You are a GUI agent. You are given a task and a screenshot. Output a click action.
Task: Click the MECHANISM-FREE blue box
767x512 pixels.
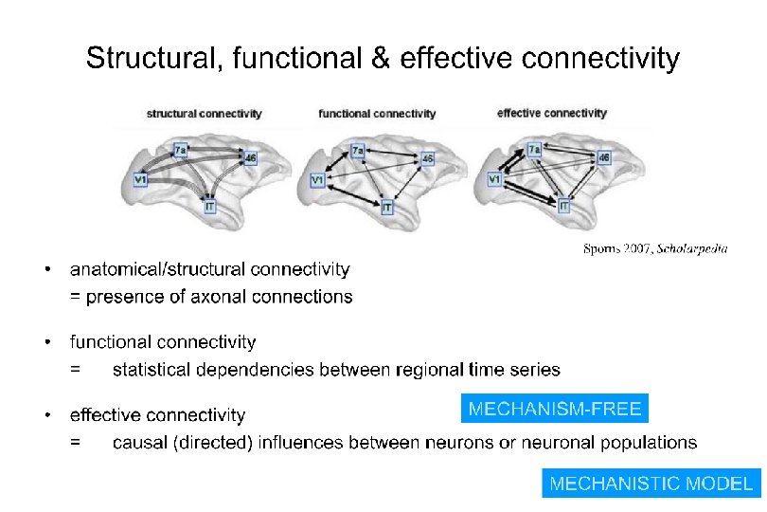click(555, 409)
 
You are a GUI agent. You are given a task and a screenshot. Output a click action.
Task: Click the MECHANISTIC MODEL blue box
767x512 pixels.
click(651, 483)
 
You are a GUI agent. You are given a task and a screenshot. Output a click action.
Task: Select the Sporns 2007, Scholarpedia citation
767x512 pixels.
click(654, 249)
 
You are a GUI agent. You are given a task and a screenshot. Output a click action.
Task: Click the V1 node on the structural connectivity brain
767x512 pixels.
click(141, 178)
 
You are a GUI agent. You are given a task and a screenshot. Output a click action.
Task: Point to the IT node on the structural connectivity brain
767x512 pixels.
click(209, 206)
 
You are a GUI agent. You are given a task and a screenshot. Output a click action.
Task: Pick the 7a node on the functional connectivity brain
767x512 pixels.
click(357, 151)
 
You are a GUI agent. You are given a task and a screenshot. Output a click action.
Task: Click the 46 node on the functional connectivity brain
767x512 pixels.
click(428, 158)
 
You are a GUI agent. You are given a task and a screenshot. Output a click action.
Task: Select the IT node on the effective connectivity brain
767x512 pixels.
click(564, 206)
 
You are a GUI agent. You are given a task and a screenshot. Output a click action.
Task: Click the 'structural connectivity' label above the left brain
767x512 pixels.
click(204, 114)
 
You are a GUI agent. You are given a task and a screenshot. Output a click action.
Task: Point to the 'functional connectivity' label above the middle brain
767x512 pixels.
click(377, 114)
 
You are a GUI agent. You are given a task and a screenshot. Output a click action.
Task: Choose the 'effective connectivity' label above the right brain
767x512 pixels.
click(551, 113)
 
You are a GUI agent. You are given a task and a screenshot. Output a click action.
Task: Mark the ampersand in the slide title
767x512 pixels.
click(380, 59)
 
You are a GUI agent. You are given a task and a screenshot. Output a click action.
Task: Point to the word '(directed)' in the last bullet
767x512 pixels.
click(208, 442)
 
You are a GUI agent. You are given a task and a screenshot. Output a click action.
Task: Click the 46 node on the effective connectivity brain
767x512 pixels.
click(603, 158)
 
